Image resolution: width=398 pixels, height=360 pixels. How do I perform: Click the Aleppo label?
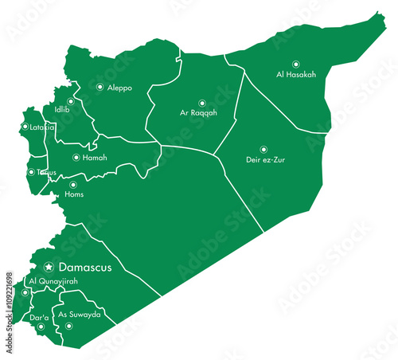click(x=119, y=88)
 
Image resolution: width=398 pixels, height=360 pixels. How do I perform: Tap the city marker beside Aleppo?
click(x=99, y=87)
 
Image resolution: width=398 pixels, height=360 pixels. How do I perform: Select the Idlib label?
click(x=61, y=110)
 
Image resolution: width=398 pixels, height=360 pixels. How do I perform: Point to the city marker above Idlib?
click(x=71, y=101)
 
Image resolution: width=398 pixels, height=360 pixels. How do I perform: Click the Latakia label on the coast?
click(x=41, y=127)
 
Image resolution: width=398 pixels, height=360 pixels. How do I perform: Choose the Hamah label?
click(x=95, y=158)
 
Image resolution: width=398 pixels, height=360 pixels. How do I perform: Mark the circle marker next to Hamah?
click(x=76, y=158)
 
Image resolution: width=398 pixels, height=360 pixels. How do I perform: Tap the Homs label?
click(x=74, y=194)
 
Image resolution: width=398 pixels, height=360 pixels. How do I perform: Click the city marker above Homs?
click(x=73, y=185)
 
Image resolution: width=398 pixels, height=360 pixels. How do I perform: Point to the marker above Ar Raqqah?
click(x=201, y=102)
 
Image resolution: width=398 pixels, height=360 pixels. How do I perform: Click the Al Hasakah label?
click(x=296, y=74)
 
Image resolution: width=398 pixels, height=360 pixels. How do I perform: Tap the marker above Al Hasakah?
click(x=296, y=64)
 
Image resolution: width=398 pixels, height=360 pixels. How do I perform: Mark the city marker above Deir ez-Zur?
click(x=263, y=149)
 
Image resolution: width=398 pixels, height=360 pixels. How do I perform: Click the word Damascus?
click(x=84, y=267)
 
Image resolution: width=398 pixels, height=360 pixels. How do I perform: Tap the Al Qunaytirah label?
click(x=53, y=282)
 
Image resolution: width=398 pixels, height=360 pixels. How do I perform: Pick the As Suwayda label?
click(x=81, y=315)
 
